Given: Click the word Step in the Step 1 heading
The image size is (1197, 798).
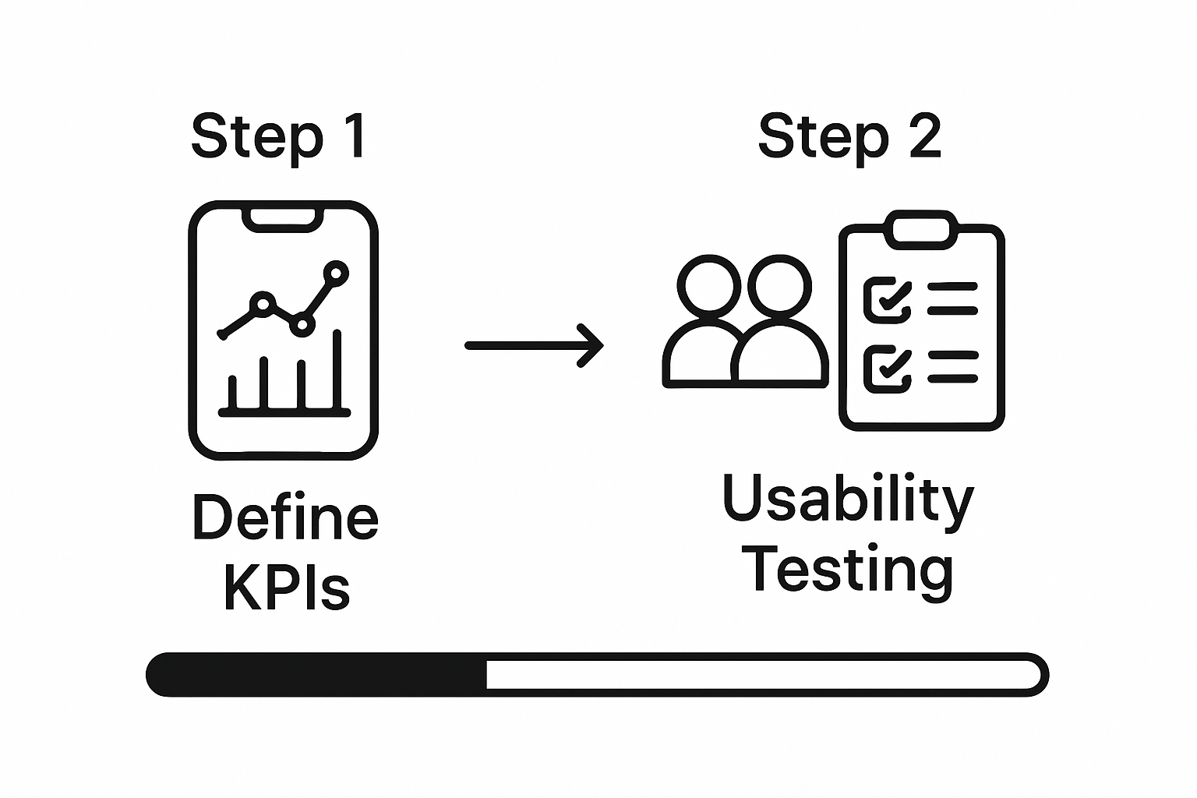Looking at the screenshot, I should click(256, 137).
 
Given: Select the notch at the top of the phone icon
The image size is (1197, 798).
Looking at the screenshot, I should click(283, 219).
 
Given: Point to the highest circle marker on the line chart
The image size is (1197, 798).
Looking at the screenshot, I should click(336, 272).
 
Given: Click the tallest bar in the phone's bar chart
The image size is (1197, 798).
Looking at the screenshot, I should click(337, 369).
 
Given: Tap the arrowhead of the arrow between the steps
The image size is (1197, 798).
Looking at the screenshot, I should click(592, 345).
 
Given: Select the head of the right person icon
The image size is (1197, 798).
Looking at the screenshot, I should click(779, 285).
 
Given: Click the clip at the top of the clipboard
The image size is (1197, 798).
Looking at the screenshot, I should click(921, 229).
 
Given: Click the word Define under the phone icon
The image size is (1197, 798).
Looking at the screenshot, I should click(284, 518).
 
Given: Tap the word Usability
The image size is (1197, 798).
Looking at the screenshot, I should click(848, 500).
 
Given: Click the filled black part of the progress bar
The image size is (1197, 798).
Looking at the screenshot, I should click(316, 674).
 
